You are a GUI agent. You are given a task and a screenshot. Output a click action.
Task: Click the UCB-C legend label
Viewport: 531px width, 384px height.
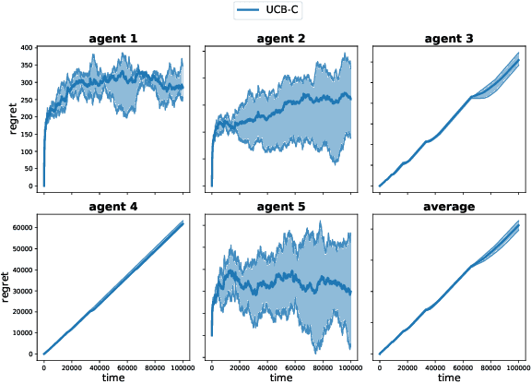282,10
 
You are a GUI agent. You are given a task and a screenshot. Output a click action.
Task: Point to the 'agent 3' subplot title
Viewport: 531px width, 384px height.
449,39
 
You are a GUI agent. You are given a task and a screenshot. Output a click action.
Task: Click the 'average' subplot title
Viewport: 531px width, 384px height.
449,207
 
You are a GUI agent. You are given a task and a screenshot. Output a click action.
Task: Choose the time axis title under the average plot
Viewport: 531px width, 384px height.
449,378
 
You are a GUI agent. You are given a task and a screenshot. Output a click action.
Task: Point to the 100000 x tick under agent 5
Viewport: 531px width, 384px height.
350,366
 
